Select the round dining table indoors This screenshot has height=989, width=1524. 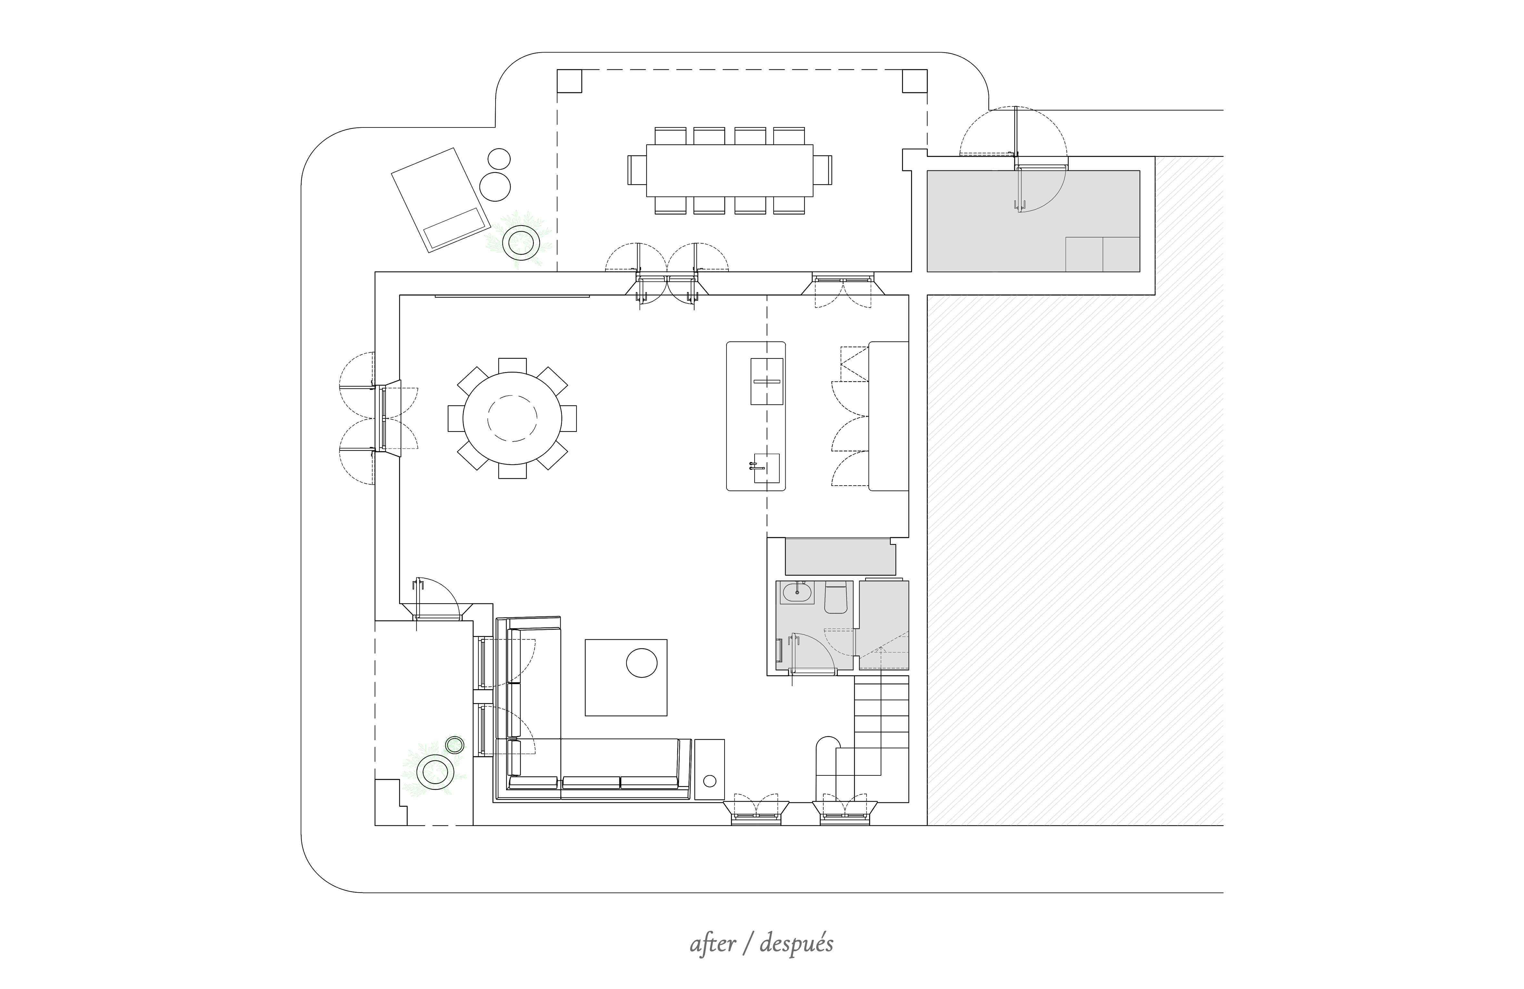pos(512,418)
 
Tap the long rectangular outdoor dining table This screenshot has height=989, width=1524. pos(729,170)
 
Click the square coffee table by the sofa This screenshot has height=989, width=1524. pos(626,677)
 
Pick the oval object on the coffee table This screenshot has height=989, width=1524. pos(642,663)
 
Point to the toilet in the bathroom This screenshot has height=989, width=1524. pos(836,597)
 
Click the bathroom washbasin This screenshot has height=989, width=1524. pos(797,592)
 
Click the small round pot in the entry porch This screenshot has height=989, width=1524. pos(455,745)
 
